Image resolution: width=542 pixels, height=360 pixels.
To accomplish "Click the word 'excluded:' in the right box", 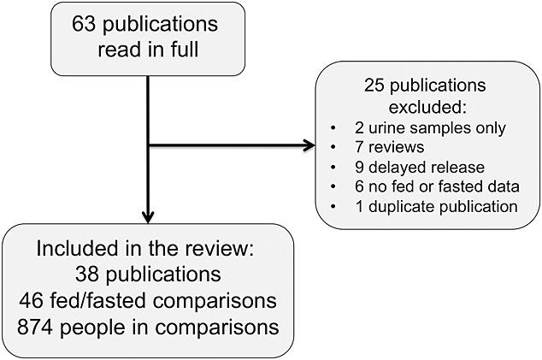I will pos(425,109).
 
